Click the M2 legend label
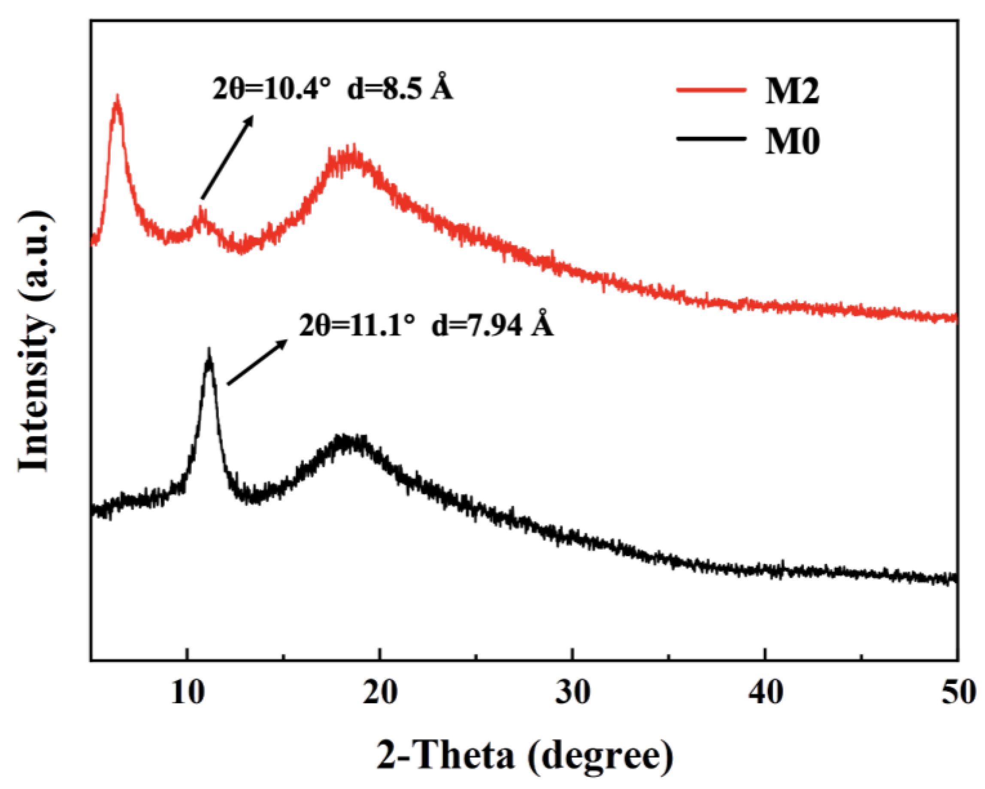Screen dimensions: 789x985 pos(792,91)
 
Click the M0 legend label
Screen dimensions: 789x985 pos(792,141)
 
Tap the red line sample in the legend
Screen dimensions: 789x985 pos(711,90)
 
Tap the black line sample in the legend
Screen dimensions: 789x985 pos(711,138)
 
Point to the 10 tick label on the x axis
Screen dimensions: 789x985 pos(187,693)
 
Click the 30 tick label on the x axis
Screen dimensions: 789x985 pos(573,693)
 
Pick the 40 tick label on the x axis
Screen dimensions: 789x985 pos(766,693)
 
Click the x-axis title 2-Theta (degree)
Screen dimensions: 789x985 pos(525,755)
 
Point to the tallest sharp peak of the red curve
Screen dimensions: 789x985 pos(118,101)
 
